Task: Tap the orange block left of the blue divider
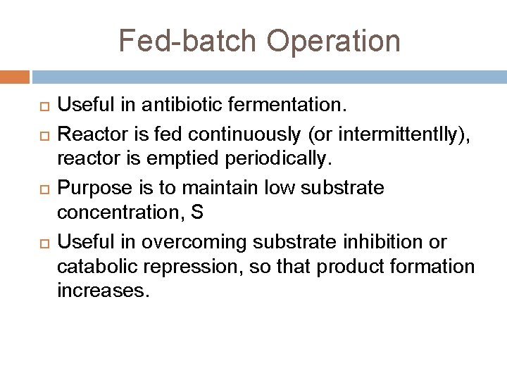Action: [x=15, y=76]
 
